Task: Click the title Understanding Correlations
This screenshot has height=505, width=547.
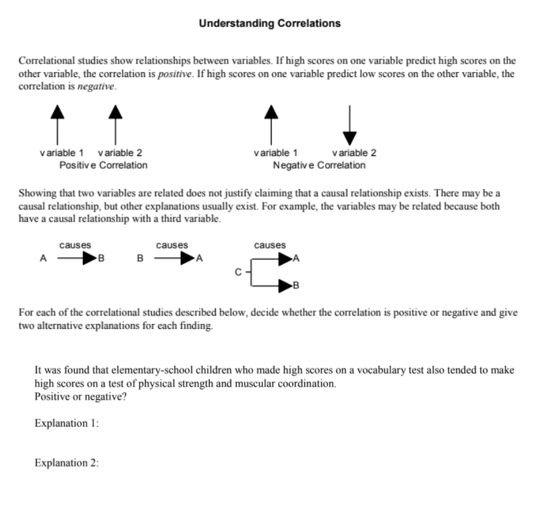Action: click(x=269, y=23)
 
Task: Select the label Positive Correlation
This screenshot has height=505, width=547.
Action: click(x=103, y=165)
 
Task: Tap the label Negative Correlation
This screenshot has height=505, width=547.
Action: click(x=319, y=165)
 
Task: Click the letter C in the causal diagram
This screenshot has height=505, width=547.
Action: click(x=237, y=272)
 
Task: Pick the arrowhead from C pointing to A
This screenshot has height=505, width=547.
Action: click(x=286, y=258)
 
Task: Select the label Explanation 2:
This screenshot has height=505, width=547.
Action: click(x=67, y=463)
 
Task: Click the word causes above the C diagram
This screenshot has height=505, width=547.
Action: click(x=270, y=245)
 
